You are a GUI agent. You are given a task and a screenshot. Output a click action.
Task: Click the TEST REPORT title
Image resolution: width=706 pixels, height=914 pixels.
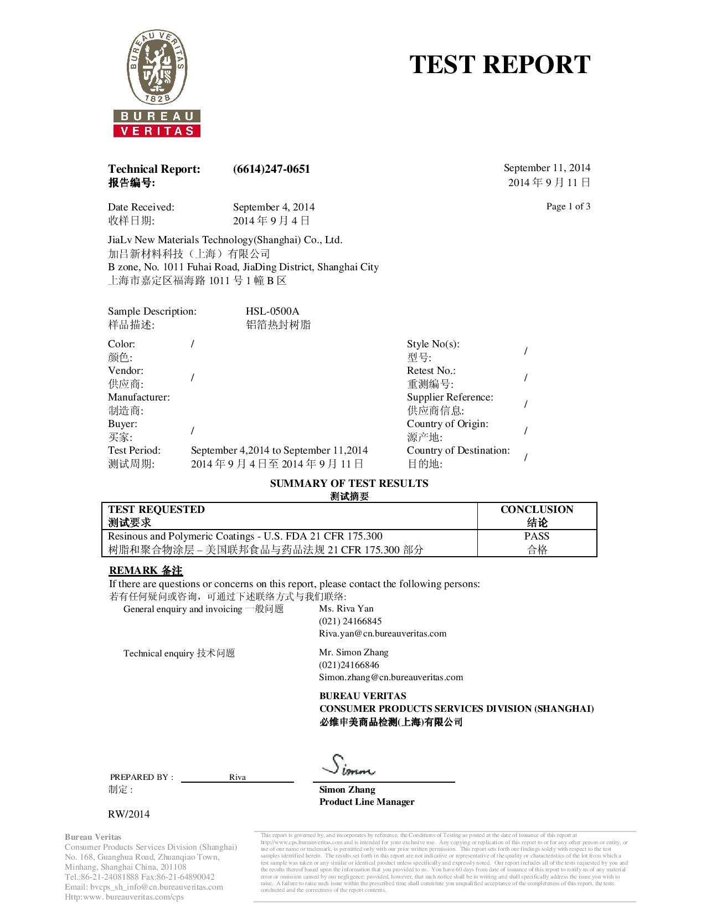pos(499,64)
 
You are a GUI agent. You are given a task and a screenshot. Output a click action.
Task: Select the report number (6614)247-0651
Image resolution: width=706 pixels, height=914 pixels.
pos(271,169)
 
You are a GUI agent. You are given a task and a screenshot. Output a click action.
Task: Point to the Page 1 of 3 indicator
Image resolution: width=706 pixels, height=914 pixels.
pos(568,207)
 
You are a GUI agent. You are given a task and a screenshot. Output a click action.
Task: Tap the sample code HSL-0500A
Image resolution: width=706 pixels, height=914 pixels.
pos(272,311)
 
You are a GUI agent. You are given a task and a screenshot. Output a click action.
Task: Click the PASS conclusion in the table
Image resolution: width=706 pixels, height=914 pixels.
pos(537,536)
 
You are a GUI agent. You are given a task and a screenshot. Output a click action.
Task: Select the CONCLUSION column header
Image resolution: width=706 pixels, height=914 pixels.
pos(537,510)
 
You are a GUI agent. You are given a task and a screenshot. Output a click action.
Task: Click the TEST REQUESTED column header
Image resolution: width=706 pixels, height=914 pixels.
pos(156,510)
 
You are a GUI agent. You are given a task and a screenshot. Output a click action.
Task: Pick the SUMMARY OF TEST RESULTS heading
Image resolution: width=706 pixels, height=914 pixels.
pos(349,484)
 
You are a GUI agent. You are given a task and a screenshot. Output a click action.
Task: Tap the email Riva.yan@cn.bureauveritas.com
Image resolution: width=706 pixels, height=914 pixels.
pos(383,633)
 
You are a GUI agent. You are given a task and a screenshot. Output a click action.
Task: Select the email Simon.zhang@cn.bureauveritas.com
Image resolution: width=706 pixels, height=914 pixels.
pos(391,677)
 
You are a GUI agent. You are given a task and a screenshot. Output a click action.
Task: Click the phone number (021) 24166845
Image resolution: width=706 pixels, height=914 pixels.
pos(350,621)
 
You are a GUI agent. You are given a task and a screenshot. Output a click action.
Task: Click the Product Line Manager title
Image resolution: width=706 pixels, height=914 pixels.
pos(367,802)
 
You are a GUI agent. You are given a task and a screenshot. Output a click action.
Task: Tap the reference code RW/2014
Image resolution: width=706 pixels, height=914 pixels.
pos(128,814)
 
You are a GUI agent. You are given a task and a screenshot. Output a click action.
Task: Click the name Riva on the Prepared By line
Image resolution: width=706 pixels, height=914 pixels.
pos(238,777)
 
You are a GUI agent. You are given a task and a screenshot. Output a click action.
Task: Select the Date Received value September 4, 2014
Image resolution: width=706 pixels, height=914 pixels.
pos(274,207)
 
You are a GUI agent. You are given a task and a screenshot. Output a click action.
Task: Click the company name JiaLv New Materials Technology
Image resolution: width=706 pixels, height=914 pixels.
pos(225,240)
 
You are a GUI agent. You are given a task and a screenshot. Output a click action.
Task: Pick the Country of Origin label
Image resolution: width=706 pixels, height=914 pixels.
pos(447,424)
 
